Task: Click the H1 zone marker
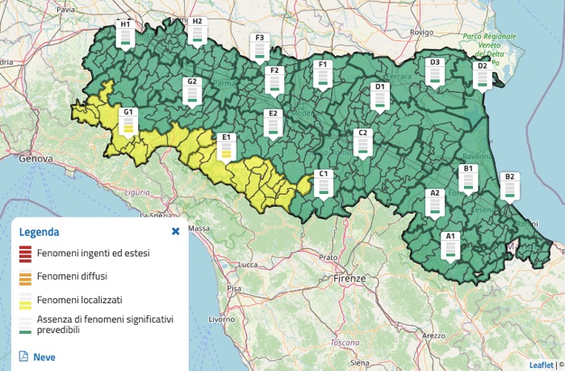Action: pyautogui.click(x=125, y=34)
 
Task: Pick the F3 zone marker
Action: pyautogui.click(x=259, y=47)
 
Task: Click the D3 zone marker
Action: pyautogui.click(x=434, y=72)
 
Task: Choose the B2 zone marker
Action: pyautogui.click(x=509, y=186)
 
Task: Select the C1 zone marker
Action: pyautogui.click(x=324, y=183)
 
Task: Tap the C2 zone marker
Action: pyautogui.click(x=362, y=142)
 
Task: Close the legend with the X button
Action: pyautogui.click(x=175, y=231)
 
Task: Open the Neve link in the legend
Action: pyautogui.click(x=44, y=356)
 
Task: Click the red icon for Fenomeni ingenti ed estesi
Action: pyautogui.click(x=24, y=254)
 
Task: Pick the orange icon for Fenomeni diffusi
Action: pyautogui.click(x=24, y=277)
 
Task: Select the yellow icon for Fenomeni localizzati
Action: pyautogui.click(x=24, y=300)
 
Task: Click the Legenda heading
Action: pyautogui.click(x=40, y=232)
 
